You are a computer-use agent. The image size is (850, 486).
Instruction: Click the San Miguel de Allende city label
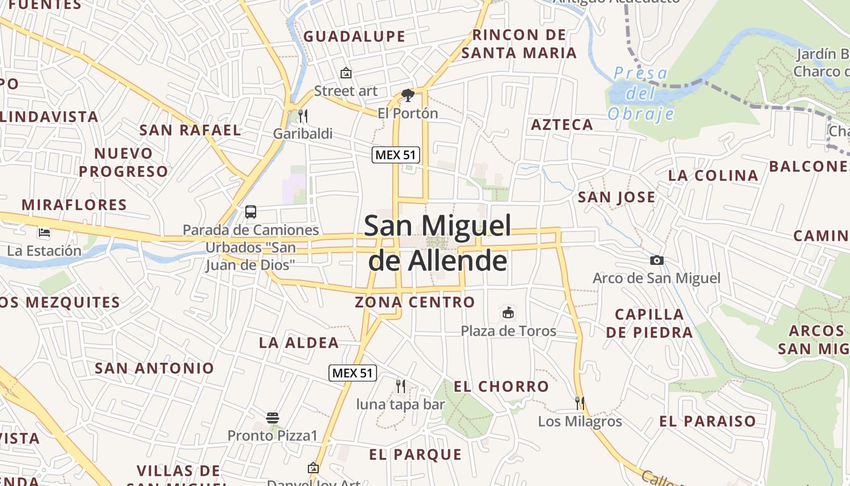click(438, 243)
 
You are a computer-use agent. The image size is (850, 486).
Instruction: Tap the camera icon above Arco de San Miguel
click(656, 261)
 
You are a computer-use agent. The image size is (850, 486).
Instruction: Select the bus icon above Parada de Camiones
click(251, 212)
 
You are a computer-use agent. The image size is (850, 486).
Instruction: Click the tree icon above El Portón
click(408, 95)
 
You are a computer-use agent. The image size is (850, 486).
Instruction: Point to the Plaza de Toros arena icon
click(508, 313)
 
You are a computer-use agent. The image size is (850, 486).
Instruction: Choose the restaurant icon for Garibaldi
click(302, 115)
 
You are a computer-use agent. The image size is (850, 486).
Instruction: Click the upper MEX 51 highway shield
click(396, 155)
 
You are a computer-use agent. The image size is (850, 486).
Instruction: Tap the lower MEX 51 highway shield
click(353, 373)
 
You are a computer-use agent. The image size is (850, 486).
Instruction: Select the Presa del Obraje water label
click(641, 94)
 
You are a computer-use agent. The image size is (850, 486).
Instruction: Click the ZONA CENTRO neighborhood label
click(415, 302)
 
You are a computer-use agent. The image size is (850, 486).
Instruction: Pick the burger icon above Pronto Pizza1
click(273, 418)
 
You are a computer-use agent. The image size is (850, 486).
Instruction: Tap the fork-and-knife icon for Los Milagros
click(580, 403)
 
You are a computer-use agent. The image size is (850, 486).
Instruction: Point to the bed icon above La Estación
click(44, 232)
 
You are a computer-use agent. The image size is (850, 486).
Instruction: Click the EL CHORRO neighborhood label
click(501, 386)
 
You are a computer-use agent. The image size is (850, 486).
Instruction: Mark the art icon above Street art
click(346, 74)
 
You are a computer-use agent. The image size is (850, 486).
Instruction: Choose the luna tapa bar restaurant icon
click(400, 386)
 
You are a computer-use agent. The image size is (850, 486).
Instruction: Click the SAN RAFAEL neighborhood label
click(190, 130)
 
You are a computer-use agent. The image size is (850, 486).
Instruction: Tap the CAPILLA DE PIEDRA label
click(649, 323)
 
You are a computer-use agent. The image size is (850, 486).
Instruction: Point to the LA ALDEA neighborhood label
click(299, 343)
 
